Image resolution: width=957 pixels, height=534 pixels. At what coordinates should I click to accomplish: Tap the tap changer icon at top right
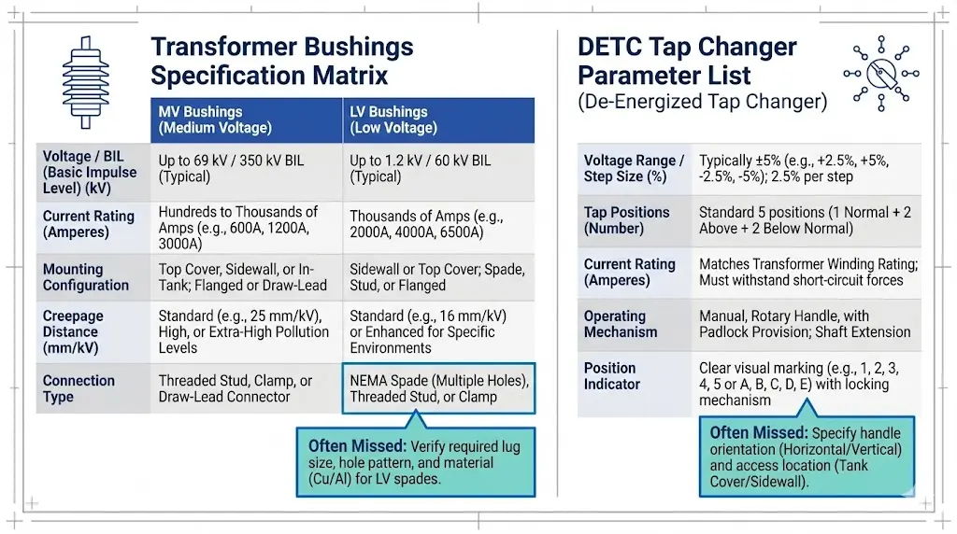(880, 74)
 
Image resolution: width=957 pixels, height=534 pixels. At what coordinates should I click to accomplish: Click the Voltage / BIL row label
(90, 173)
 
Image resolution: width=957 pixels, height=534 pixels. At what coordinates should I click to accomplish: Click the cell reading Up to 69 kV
(245, 169)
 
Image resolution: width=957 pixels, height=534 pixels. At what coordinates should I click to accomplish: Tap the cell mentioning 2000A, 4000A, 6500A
(437, 225)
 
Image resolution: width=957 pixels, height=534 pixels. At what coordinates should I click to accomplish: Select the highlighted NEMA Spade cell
(439, 388)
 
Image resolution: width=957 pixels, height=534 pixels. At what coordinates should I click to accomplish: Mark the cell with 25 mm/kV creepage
(245, 331)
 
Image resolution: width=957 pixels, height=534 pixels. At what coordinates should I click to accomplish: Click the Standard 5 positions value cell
(805, 220)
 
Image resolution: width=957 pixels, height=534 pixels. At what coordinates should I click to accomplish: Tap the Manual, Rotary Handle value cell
(805, 324)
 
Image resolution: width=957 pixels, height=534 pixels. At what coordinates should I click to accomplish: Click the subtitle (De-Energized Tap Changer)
(702, 102)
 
